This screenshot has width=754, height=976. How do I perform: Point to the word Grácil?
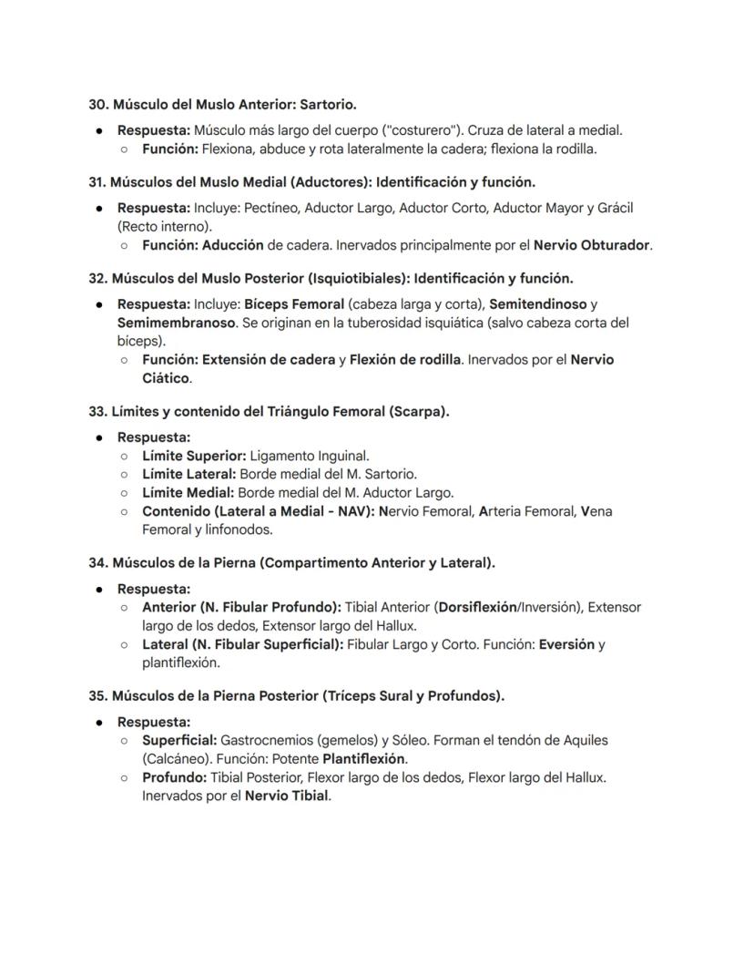point(614,208)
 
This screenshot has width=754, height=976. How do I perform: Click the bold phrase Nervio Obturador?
point(592,245)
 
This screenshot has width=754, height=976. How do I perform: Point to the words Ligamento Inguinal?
point(309,456)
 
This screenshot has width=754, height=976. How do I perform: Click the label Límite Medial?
point(188,493)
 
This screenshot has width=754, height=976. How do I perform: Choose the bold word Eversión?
point(566,644)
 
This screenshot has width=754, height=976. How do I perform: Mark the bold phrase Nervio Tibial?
point(287,796)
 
